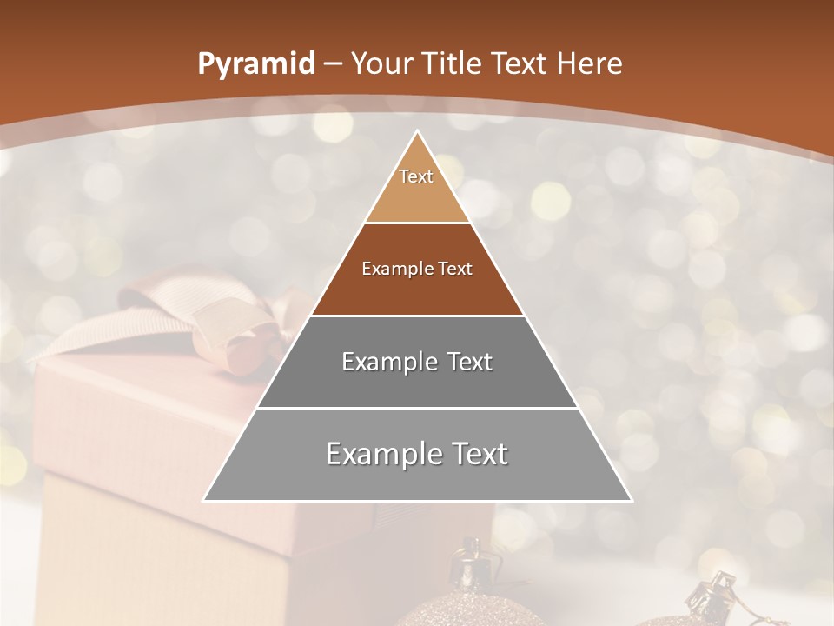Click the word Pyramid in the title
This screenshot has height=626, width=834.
tap(255, 64)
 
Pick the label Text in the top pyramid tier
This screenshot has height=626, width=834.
tap(416, 176)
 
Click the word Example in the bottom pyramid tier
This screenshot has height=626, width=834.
tap(380, 454)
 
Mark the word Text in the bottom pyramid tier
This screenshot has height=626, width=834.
tap(478, 454)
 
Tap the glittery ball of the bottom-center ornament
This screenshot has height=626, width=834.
tap(478, 613)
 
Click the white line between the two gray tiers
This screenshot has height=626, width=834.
tap(417, 408)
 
